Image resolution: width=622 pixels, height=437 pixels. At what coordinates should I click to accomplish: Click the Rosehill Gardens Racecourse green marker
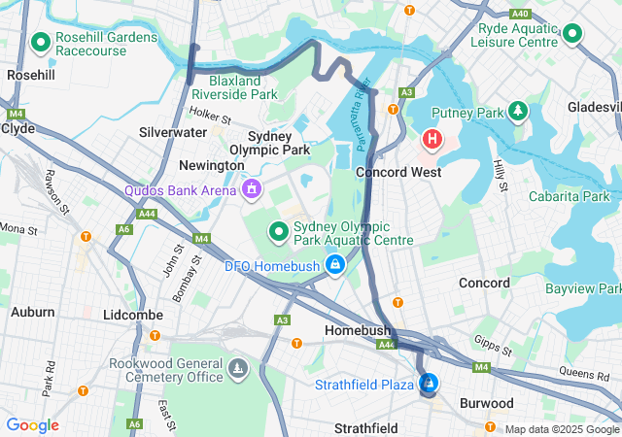click(x=41, y=43)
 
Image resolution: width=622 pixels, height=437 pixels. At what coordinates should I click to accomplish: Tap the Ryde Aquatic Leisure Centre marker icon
click(x=572, y=35)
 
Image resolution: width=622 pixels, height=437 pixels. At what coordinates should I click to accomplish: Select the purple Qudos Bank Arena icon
click(x=252, y=188)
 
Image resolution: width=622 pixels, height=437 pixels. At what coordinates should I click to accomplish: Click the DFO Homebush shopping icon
click(x=334, y=264)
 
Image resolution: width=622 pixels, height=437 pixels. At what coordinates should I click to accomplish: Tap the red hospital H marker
click(x=432, y=141)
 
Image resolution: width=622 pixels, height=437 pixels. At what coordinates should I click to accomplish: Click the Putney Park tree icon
click(x=518, y=113)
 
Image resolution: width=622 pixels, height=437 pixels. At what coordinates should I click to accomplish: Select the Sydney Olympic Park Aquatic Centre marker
click(x=278, y=231)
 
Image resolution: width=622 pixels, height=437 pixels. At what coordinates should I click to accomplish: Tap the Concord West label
click(x=398, y=172)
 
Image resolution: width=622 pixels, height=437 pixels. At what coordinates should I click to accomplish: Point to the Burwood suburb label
click(x=486, y=403)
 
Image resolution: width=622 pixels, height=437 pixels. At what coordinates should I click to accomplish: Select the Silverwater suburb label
click(x=172, y=131)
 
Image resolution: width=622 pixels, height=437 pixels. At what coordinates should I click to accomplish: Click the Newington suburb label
click(x=212, y=166)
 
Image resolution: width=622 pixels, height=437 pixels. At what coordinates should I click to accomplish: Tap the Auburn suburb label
click(x=32, y=312)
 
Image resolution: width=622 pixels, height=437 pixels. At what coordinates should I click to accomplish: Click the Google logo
click(x=32, y=425)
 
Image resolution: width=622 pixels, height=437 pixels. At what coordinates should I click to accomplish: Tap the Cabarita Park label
click(x=570, y=196)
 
